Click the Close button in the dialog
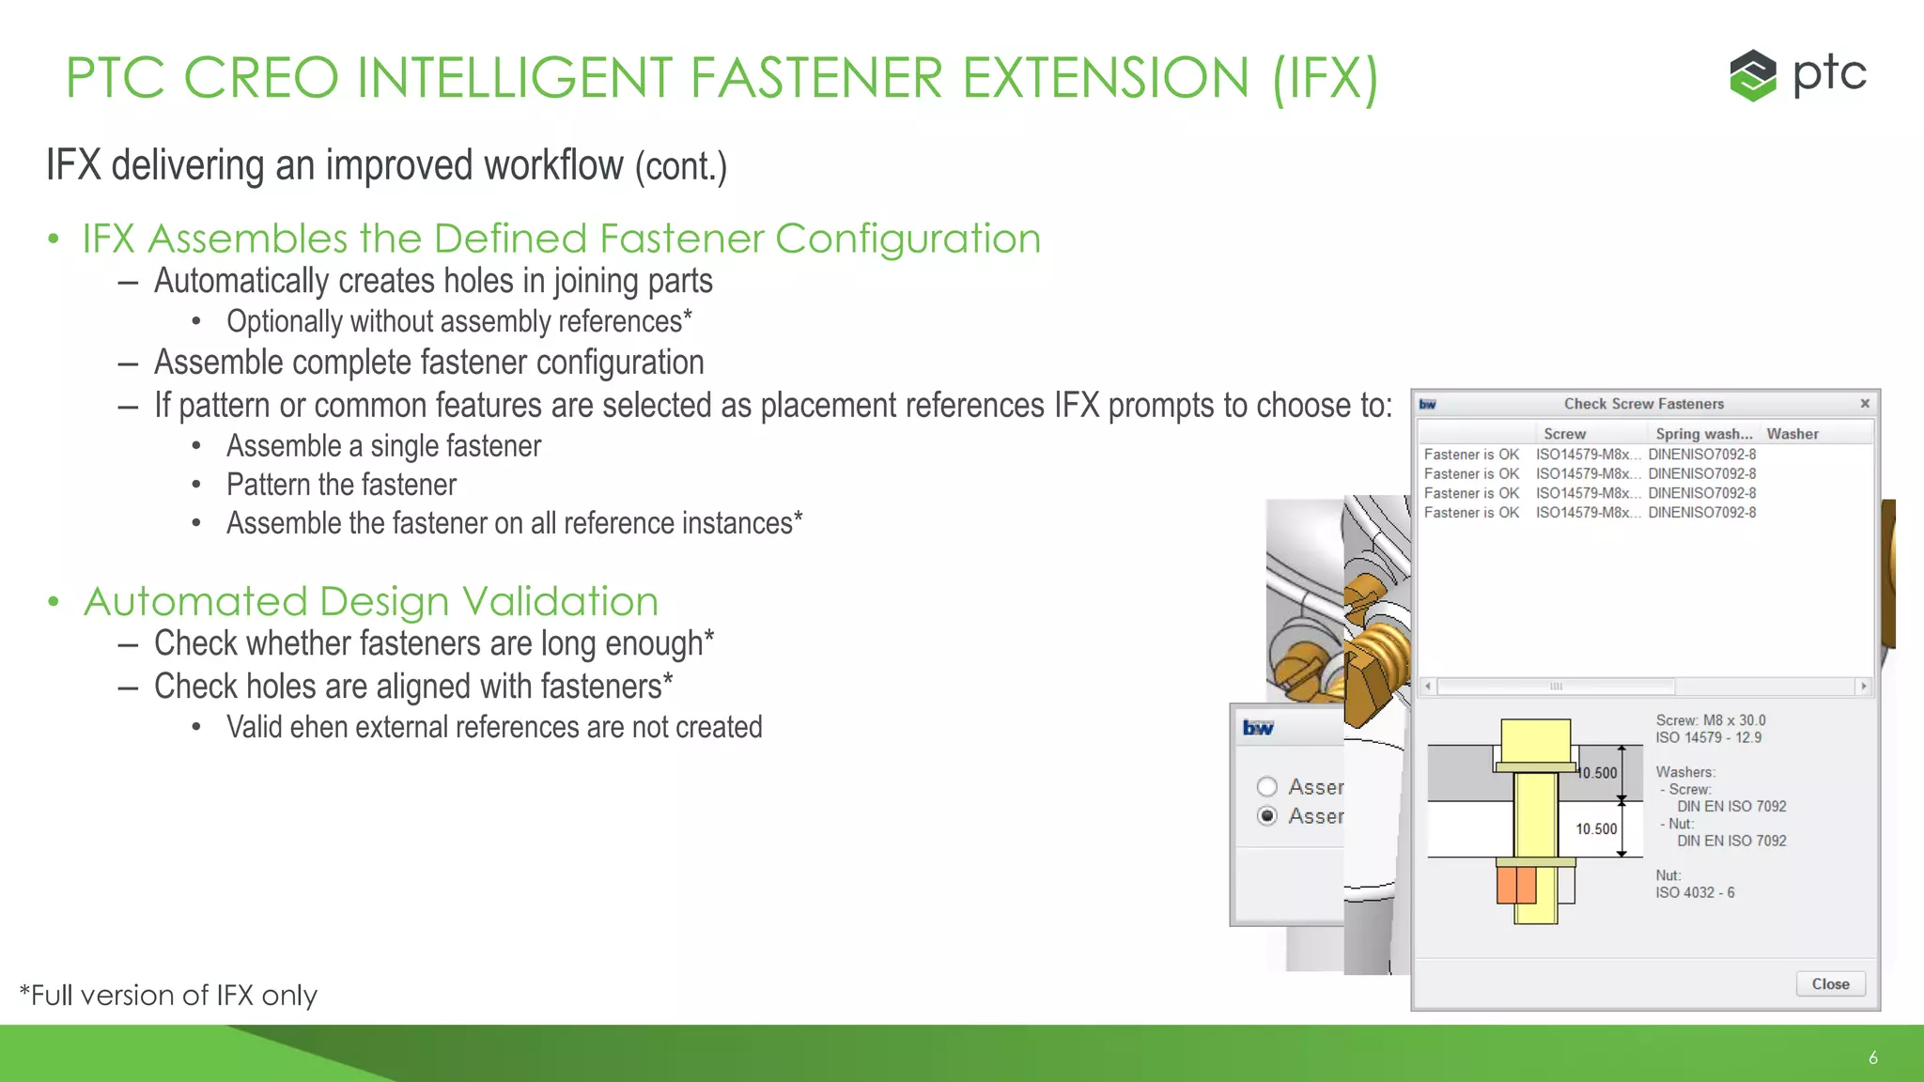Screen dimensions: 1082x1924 pyautogui.click(x=1830, y=983)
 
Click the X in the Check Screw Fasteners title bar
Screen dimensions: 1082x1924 pyautogui.click(x=1865, y=404)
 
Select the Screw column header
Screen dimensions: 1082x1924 pyautogui.click(x=1564, y=434)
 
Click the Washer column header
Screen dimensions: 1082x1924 pyautogui.click(x=1792, y=434)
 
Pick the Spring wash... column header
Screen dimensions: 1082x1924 pyautogui.click(x=1703, y=434)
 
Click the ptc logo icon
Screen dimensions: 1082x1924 pyautogui.click(x=1753, y=75)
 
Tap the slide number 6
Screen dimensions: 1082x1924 pyautogui.click(x=1872, y=1058)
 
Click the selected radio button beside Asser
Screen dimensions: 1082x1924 pyautogui.click(x=1267, y=815)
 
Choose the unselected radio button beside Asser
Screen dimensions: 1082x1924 pyautogui.click(x=1267, y=786)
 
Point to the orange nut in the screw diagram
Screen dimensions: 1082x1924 pyautogui.click(x=1515, y=885)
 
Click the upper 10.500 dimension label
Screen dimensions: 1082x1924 pyautogui.click(x=1598, y=773)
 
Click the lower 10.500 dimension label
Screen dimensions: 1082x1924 pyautogui.click(x=1596, y=828)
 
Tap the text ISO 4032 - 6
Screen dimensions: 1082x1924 pyautogui.click(x=1695, y=892)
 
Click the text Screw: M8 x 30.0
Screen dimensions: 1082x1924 pyautogui.click(x=1710, y=720)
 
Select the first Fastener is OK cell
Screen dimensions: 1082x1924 pyautogui.click(x=1471, y=455)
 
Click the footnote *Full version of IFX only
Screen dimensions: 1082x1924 pyautogui.click(x=169, y=996)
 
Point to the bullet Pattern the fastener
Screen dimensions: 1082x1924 pyautogui.click(x=341, y=485)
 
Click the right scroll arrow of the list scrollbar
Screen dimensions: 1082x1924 pyautogui.click(x=1863, y=687)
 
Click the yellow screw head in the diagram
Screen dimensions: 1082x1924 pyautogui.click(x=1535, y=741)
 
